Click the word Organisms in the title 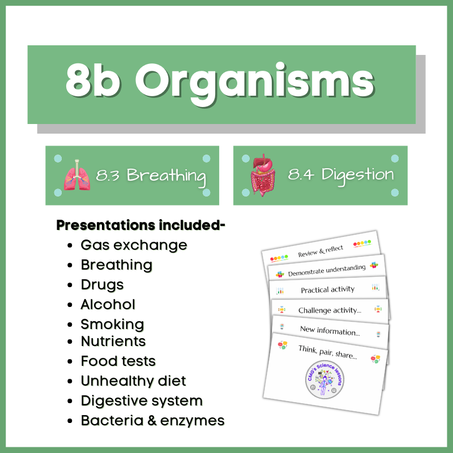pos(254,82)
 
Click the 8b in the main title pos(94,82)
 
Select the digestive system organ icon pos(263,173)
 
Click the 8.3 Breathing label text pos(151,175)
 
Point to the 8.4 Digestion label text pos(340,174)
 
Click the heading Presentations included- pos(141,225)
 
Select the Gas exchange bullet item pos(134,245)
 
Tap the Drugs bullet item pos(102,284)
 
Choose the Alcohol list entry pos(108,304)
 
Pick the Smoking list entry pos(112,324)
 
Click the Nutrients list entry pos(113,341)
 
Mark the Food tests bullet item pos(118,361)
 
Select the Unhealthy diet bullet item pos(133,381)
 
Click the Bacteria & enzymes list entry pos(152,421)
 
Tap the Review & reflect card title pos(319,251)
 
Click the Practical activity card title pos(327,289)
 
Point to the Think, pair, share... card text pos(328,352)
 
